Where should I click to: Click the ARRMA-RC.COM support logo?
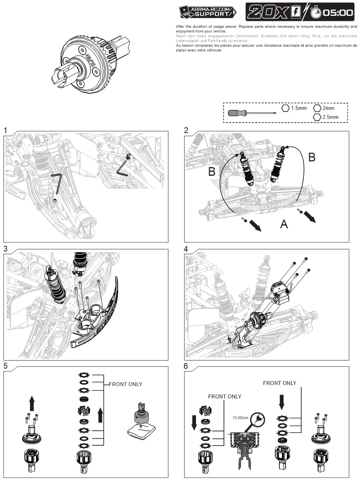click(x=207, y=12)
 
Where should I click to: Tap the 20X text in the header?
click(x=267, y=12)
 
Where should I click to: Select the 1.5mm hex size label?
click(x=299, y=108)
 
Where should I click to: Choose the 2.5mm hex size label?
click(x=330, y=117)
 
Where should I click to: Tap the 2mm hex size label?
click(x=328, y=108)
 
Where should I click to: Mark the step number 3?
click(x=6, y=249)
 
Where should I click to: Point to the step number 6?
click(x=186, y=366)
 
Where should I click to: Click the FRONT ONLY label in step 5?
click(x=125, y=384)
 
